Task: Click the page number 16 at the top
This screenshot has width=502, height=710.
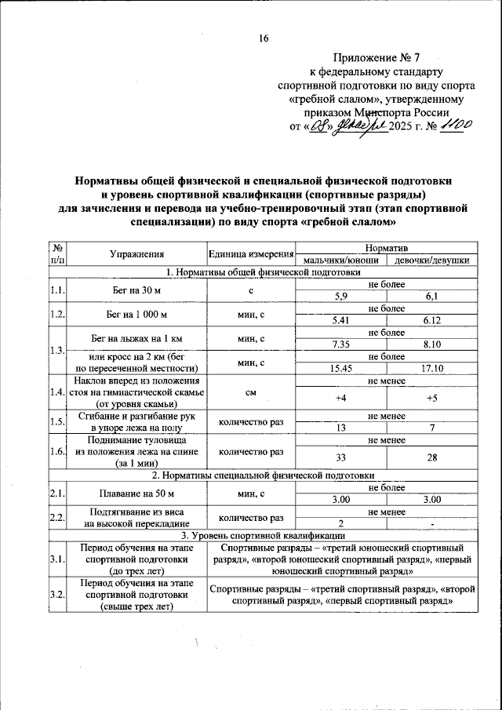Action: tap(264, 39)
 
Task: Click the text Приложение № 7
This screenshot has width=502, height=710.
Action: tap(376, 57)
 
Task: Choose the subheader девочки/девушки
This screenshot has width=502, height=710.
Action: tap(432, 260)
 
